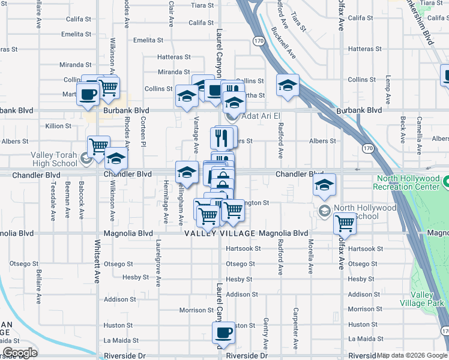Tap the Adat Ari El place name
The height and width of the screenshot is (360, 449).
[262, 115]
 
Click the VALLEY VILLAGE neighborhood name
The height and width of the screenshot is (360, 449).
[220, 233]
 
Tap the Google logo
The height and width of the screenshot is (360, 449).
[20, 353]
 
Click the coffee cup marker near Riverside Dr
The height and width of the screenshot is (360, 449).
[224, 333]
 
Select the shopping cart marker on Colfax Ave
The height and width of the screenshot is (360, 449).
[345, 224]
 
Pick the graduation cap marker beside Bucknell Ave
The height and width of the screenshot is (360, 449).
[288, 85]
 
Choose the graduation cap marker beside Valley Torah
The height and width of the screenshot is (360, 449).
[116, 159]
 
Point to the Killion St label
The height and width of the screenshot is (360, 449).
[58, 126]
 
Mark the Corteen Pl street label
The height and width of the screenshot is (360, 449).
[143, 131]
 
